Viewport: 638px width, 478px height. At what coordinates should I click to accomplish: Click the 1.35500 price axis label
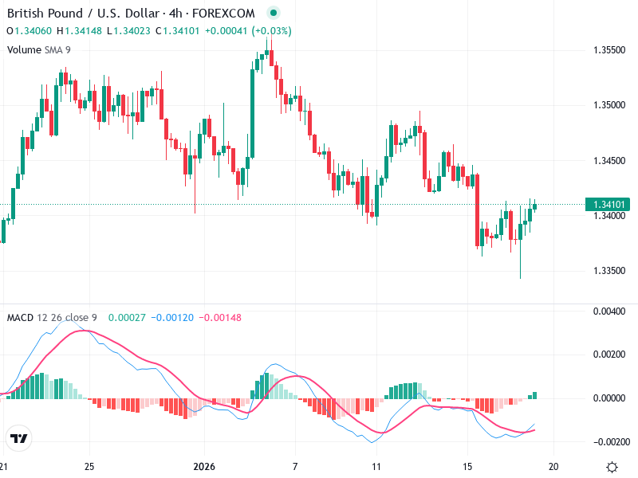point(609,49)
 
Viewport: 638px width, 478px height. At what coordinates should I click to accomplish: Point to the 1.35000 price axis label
point(609,105)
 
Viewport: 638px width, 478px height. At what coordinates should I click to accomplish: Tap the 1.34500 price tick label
point(609,160)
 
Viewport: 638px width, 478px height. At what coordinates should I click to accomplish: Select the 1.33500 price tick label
point(609,271)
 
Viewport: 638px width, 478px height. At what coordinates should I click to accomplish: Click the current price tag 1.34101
point(609,205)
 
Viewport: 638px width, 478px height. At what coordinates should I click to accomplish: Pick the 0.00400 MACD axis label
point(609,311)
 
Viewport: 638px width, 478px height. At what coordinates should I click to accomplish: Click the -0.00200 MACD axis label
point(609,441)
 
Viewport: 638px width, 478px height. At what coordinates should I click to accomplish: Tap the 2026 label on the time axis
point(205,467)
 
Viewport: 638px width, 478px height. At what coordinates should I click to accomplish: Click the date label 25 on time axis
point(89,467)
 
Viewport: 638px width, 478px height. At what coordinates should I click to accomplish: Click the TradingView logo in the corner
point(18,438)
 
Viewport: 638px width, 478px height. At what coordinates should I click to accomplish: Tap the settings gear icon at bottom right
point(612,467)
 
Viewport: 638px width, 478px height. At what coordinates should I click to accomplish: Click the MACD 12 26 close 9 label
point(52,318)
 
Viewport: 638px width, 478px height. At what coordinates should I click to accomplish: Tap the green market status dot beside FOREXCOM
point(274,14)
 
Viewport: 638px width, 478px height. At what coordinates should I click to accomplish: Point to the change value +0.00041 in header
point(226,31)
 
